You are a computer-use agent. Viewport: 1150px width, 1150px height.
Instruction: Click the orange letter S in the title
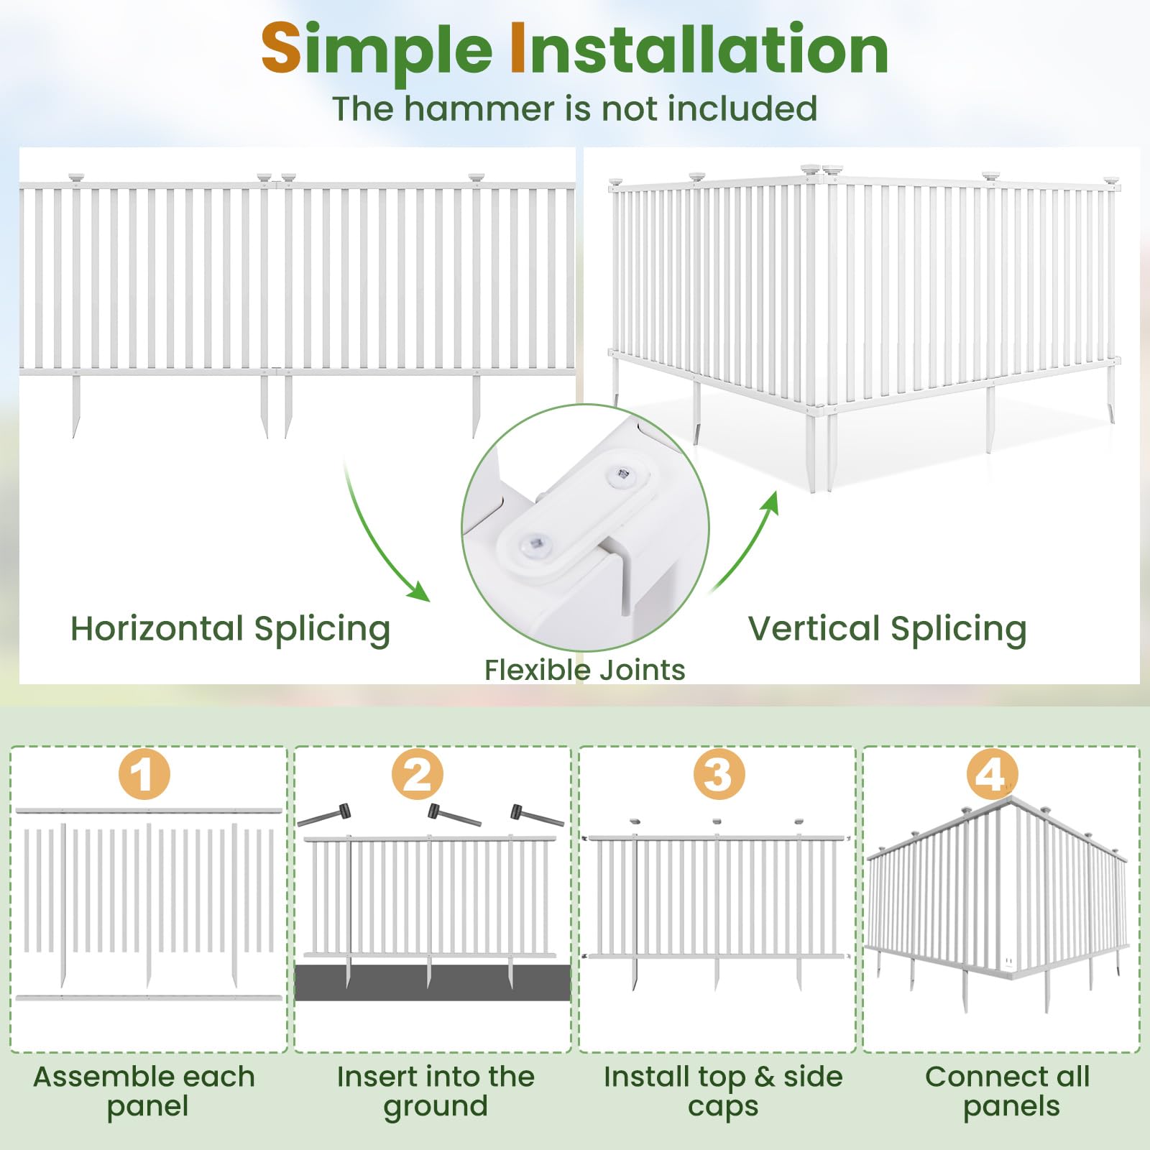coord(281,49)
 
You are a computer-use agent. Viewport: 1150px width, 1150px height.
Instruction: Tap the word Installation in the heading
coord(699,49)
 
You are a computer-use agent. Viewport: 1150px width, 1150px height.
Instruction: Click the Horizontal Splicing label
coord(230,629)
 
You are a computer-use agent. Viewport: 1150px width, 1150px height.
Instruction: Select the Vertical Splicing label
coord(887,629)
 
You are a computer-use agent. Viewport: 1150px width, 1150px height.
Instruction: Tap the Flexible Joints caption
coord(584,670)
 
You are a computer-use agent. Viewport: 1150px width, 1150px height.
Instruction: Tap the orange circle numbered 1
coord(144,774)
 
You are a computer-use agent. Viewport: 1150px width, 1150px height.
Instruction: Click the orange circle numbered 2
coord(417,774)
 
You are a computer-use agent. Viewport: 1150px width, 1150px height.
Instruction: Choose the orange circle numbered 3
coord(718,774)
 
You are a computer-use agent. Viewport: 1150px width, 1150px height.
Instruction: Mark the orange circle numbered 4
coord(992,774)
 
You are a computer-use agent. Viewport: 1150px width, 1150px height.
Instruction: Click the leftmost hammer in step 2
coord(325,816)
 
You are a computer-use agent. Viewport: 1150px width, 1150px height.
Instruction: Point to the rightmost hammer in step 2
coord(536,815)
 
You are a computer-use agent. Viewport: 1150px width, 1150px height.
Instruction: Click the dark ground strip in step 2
coord(432,983)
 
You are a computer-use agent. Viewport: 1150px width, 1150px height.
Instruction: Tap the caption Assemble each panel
coord(144,1091)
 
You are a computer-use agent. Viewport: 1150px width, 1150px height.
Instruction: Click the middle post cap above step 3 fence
coord(717,820)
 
